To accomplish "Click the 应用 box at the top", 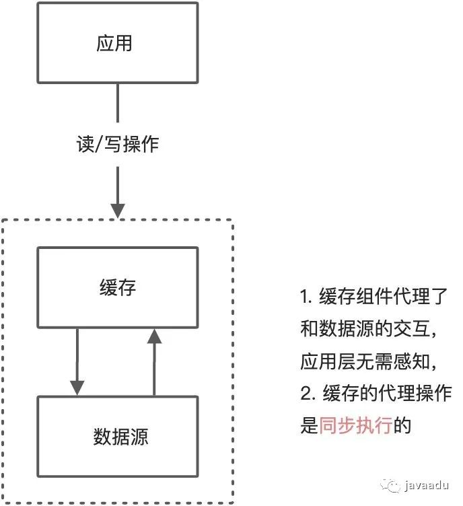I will click(117, 44).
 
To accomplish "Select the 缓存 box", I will click(117, 288).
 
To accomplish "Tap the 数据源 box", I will click(117, 437).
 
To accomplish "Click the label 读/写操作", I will click(118, 143).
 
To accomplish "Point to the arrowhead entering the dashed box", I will click(118, 209).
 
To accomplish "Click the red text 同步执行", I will click(355, 426).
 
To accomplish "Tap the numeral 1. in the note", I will click(308, 297).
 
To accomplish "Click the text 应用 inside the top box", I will click(114, 44).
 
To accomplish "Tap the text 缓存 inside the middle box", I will click(117, 288).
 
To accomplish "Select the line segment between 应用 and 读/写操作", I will click(118, 104).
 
